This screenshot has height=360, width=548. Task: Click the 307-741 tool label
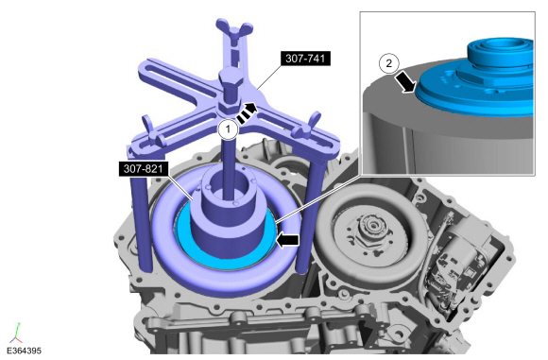(305, 59)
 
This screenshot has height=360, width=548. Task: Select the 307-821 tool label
(144, 169)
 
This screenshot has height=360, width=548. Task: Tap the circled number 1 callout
(228, 129)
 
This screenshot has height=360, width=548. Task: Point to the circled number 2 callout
(388, 63)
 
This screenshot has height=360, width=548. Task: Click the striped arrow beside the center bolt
(247, 112)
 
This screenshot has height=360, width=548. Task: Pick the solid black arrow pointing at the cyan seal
(287, 240)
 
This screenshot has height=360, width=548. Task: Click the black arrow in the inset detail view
(405, 82)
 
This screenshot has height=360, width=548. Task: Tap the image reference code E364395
(25, 351)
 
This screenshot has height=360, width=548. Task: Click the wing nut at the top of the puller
(234, 27)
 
